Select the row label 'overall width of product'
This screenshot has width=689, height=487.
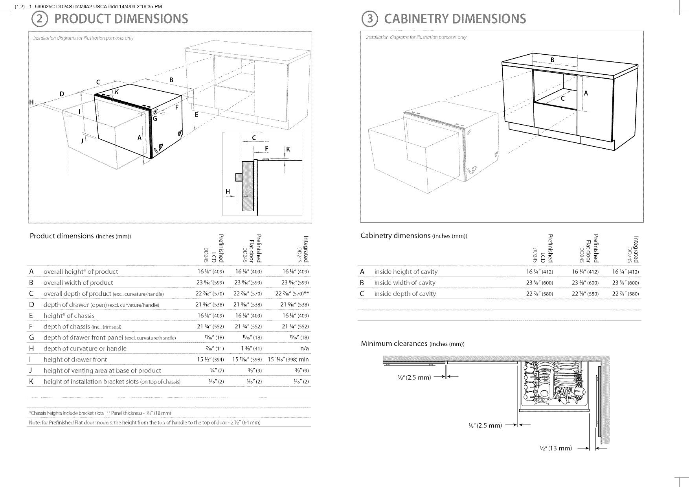coord(78,282)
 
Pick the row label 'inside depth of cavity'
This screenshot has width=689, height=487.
coord(405,293)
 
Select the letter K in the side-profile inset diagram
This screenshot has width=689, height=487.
coord(288,149)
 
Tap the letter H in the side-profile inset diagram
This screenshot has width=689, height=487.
coord(228,192)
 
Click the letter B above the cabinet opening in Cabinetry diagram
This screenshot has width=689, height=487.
coord(552,60)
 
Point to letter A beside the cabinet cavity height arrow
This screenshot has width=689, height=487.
coord(586,93)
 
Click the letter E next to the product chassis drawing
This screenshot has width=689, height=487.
coord(197,115)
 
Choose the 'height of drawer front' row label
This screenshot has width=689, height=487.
coord(75,360)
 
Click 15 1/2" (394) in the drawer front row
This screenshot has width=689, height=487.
coord(210,360)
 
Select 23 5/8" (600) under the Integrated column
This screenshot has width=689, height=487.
coord(625,282)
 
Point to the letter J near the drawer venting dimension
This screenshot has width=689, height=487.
coord(82,141)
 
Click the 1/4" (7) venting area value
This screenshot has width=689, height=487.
coord(217,371)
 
